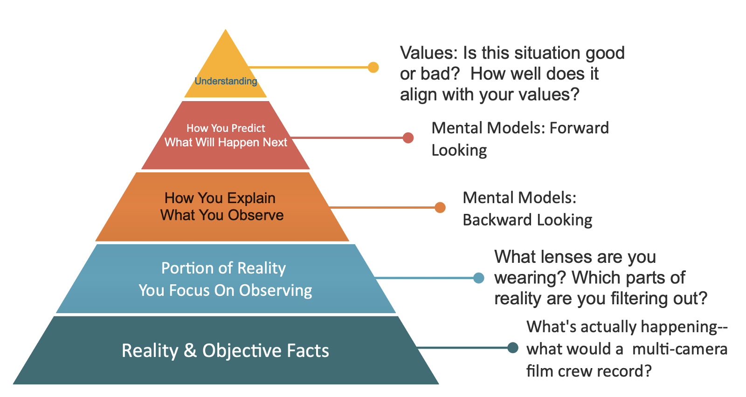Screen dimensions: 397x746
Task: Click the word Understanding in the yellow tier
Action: coord(226,81)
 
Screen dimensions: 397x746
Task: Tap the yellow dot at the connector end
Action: coord(373,67)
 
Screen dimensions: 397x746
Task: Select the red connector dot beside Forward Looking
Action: coord(408,137)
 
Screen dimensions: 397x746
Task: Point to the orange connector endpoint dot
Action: coord(440,207)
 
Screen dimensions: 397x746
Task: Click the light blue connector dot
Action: coord(478,278)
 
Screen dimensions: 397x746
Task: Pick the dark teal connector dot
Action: coord(513,348)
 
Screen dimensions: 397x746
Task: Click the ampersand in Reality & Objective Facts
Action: coord(190,351)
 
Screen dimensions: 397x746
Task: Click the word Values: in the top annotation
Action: coord(428,53)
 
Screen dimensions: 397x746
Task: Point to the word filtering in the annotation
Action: coord(648,298)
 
